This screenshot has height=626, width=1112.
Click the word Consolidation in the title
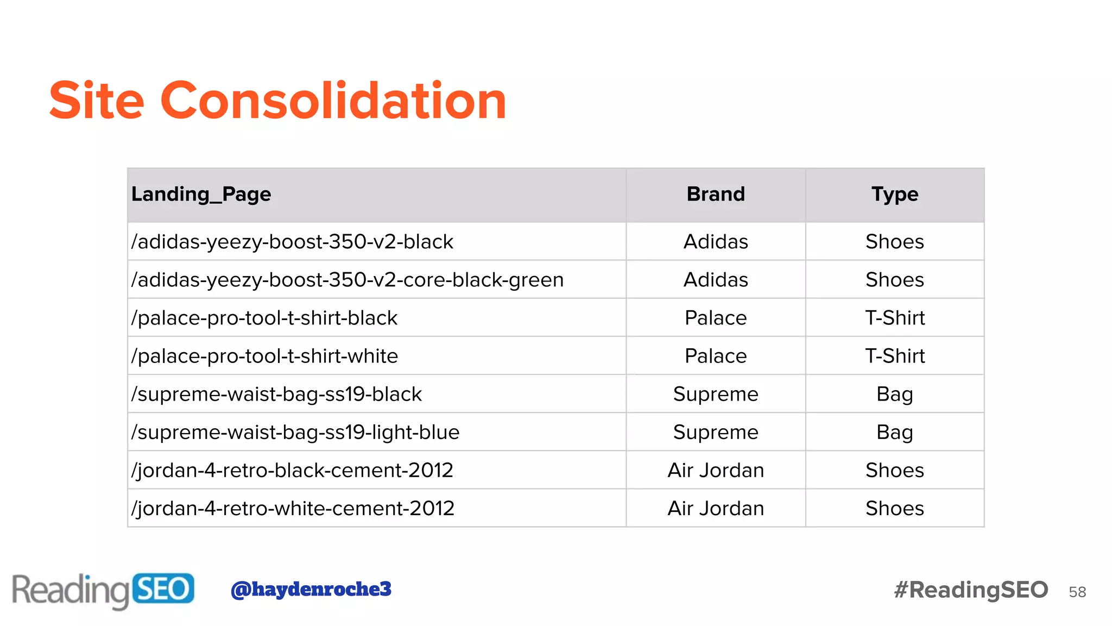[x=333, y=101]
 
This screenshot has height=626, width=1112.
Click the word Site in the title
[x=97, y=101]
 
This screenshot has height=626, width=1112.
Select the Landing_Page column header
[x=201, y=194]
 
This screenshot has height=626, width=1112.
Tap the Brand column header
[x=716, y=194]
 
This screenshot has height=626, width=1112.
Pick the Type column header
[x=895, y=194]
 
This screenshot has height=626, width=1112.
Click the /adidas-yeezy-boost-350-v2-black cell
[x=292, y=242]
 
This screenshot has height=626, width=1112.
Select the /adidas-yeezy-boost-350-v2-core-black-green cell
[x=347, y=280]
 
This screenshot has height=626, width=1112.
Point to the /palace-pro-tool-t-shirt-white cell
[x=264, y=356]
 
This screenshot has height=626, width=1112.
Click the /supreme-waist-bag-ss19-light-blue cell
[x=295, y=432]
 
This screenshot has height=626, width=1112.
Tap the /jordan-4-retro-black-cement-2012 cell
[x=292, y=470]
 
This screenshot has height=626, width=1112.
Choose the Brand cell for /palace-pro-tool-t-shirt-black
[x=716, y=318]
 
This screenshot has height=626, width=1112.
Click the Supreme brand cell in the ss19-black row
[x=716, y=394]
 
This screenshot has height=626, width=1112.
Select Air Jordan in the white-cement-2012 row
[x=716, y=508]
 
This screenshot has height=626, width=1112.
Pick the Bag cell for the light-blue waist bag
[x=895, y=432]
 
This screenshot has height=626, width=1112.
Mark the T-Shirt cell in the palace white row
[x=895, y=356]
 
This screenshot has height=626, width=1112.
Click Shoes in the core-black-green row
[x=895, y=280]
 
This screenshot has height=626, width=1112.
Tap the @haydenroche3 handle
[x=311, y=589]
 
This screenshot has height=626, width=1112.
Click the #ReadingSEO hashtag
[x=971, y=590]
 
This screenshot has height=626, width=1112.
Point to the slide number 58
[x=1077, y=592]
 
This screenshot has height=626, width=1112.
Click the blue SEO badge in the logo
[x=163, y=589]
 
